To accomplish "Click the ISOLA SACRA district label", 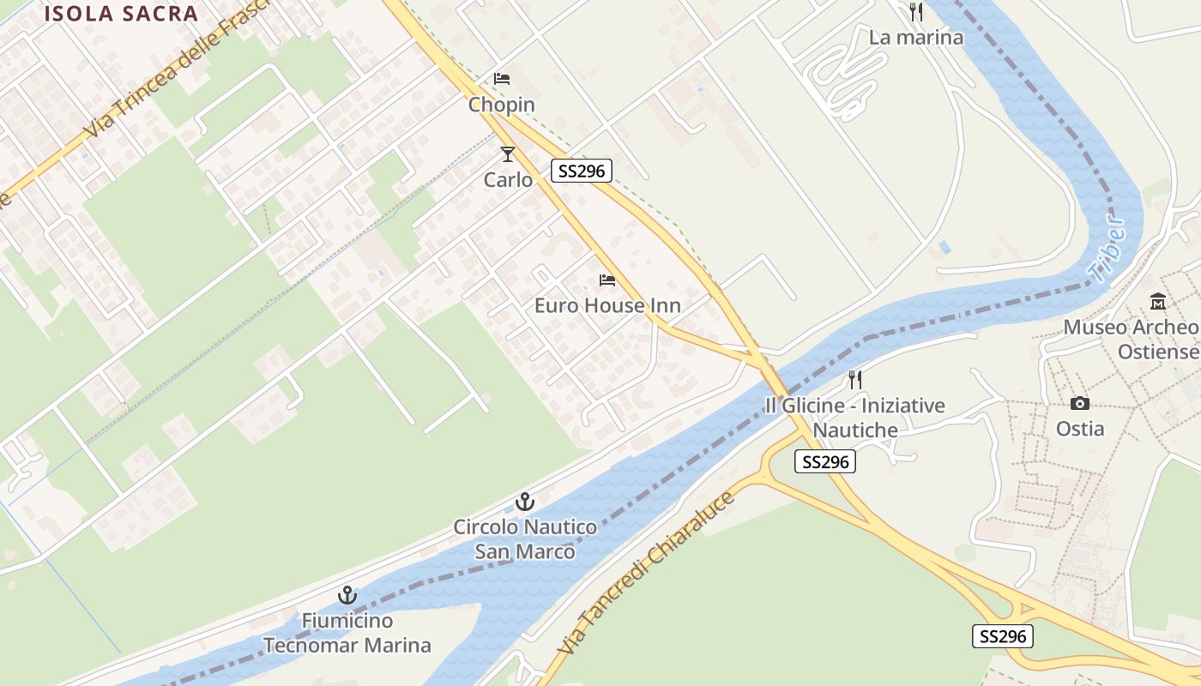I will [x=121, y=13].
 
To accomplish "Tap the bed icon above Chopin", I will [x=502, y=79].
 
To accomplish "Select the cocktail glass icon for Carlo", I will [x=508, y=154].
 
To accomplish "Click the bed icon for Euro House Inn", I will [x=607, y=280].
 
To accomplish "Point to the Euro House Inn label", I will [x=607, y=305].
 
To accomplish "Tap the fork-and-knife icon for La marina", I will [x=916, y=12].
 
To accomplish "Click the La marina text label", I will [x=916, y=38].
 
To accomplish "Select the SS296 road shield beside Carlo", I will [x=582, y=171].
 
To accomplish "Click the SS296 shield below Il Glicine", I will [x=825, y=462].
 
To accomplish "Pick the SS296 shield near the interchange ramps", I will [x=1002, y=636].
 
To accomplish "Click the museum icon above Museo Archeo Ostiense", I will [x=1158, y=301].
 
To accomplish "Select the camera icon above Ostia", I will [x=1080, y=403].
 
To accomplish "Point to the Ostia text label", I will [x=1080, y=428].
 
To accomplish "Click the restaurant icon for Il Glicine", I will [x=854, y=379].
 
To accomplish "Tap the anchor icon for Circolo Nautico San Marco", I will [x=524, y=502].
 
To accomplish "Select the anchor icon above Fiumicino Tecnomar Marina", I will [x=347, y=594].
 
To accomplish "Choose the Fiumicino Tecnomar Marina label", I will [x=347, y=633].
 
